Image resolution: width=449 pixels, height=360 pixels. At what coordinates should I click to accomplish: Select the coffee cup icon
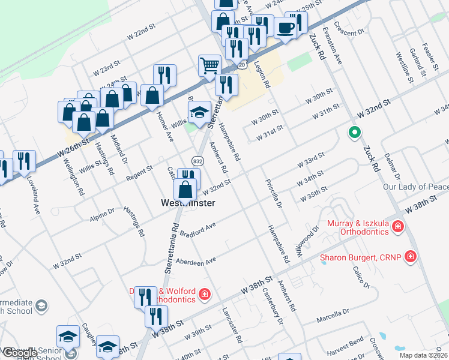[x=286, y=27]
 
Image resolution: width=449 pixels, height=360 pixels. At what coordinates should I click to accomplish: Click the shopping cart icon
[x=209, y=65]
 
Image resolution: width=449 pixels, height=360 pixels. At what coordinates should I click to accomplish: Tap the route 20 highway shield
[x=241, y=63]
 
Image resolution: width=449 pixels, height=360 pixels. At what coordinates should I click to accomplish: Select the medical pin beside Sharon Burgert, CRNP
[x=410, y=257]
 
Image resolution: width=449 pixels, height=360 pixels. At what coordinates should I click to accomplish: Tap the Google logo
[x=18, y=352]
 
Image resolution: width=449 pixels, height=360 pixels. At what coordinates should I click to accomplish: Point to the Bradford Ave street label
[x=199, y=228]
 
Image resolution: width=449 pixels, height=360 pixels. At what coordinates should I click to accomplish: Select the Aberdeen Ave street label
[x=196, y=262]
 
